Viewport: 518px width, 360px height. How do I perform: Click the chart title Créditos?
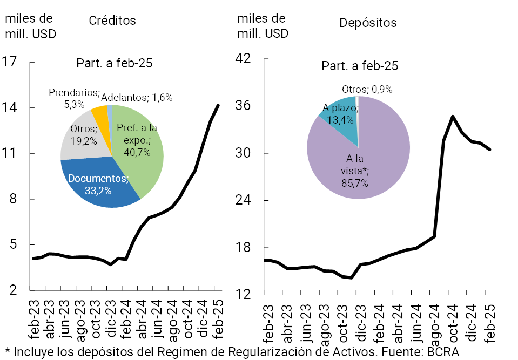(x=112, y=21)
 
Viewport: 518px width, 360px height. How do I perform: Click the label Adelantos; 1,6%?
(x=137, y=98)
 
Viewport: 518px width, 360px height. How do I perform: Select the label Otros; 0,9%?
(x=367, y=89)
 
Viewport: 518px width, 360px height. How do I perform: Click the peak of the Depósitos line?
(x=453, y=116)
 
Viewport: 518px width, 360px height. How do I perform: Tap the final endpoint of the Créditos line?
(x=218, y=105)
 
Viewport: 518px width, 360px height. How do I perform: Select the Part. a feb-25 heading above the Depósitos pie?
(x=360, y=66)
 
